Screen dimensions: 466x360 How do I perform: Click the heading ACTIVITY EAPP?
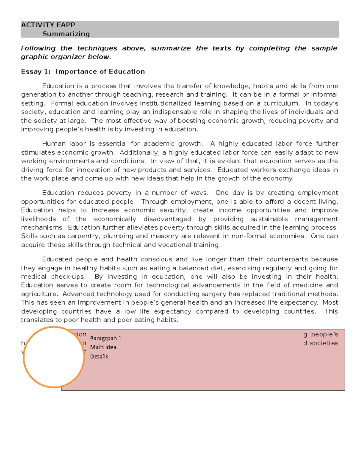(48, 25)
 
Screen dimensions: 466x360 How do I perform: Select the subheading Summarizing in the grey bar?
(66, 34)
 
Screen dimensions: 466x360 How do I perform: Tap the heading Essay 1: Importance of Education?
(83, 72)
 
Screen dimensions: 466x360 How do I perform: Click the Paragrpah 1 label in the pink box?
(106, 338)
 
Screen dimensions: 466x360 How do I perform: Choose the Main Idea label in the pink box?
(103, 347)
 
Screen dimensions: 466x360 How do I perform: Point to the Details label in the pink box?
(99, 356)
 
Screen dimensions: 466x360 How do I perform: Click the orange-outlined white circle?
(53, 357)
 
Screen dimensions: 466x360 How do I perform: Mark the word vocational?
(175, 245)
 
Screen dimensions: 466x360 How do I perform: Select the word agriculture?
(39, 294)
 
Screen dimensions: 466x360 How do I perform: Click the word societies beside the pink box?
(324, 343)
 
